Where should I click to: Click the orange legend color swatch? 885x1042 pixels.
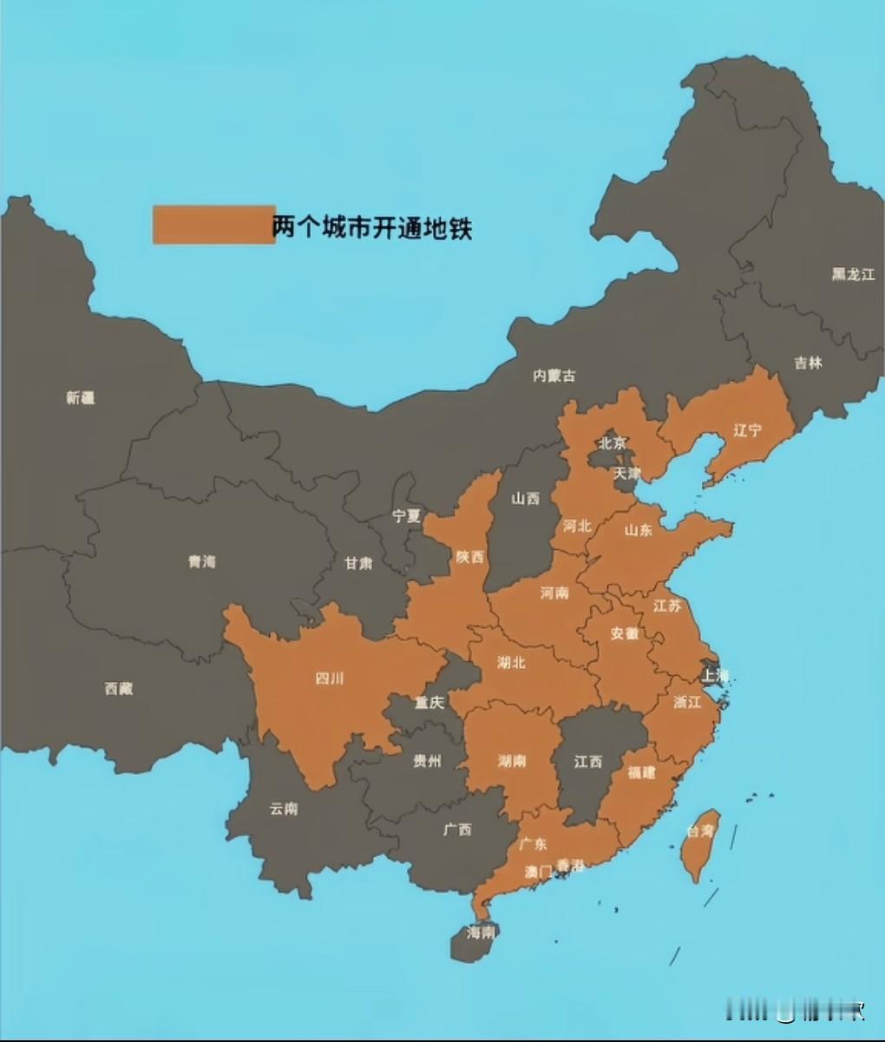tap(213, 225)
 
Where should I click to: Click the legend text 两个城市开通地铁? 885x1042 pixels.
tap(372, 227)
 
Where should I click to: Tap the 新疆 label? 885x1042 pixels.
tap(80, 398)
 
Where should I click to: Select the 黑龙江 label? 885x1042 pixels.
tap(853, 274)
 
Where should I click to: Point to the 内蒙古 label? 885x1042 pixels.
tap(554, 376)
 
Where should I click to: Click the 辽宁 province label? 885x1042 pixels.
tap(746, 429)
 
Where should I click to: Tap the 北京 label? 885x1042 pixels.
tap(612, 443)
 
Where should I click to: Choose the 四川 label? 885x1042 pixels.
tap(329, 678)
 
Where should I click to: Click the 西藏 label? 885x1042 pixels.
tap(118, 689)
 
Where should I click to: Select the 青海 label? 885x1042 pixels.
tap(201, 561)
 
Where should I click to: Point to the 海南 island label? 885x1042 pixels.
tap(480, 933)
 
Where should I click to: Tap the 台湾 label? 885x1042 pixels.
tap(700, 831)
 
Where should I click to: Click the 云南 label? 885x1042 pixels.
tap(283, 808)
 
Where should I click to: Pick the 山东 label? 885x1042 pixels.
tap(638, 529)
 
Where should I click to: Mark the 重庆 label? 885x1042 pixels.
tap(429, 702)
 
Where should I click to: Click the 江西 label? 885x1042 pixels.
tap(587, 761)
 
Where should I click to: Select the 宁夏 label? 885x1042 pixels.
tap(406, 515)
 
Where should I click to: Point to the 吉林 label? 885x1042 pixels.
tap(808, 363)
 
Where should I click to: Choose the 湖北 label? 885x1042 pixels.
tap(511, 663)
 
